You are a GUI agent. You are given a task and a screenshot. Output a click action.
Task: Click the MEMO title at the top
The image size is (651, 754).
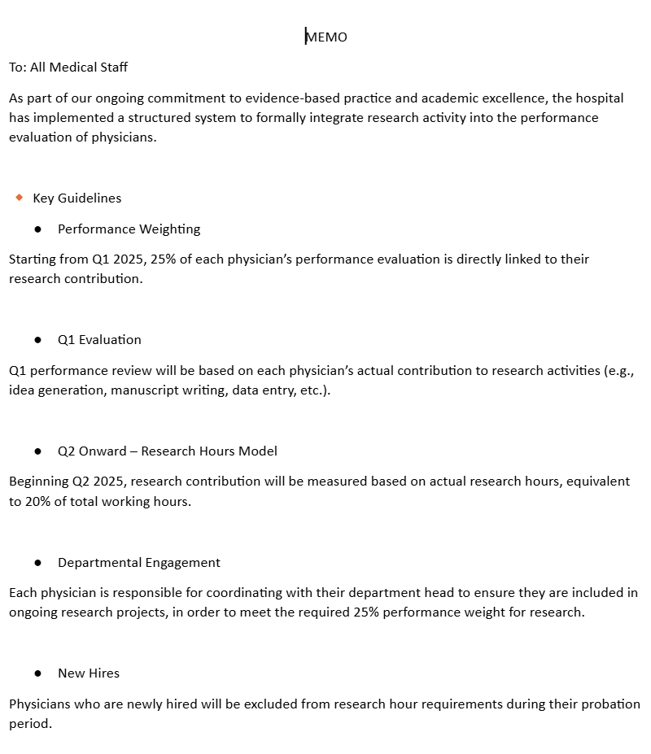tap(327, 37)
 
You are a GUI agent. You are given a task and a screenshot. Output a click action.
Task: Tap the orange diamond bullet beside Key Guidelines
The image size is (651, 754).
tap(20, 198)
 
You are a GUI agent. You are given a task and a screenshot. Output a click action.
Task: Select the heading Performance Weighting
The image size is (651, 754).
tap(129, 229)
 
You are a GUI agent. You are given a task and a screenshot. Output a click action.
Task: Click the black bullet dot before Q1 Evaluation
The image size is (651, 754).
tap(38, 340)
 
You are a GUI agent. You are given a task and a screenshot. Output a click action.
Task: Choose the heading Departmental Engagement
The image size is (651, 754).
tap(138, 562)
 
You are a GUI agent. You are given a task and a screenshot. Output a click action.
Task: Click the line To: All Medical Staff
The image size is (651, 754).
tap(68, 68)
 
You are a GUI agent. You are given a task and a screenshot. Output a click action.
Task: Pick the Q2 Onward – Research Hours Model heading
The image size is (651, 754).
tap(167, 451)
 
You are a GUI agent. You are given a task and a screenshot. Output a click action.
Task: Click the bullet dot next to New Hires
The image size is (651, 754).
tap(38, 673)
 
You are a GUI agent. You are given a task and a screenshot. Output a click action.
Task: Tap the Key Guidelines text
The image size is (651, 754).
tap(76, 198)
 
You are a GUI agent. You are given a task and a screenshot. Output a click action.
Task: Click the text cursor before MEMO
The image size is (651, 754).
tap(306, 37)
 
